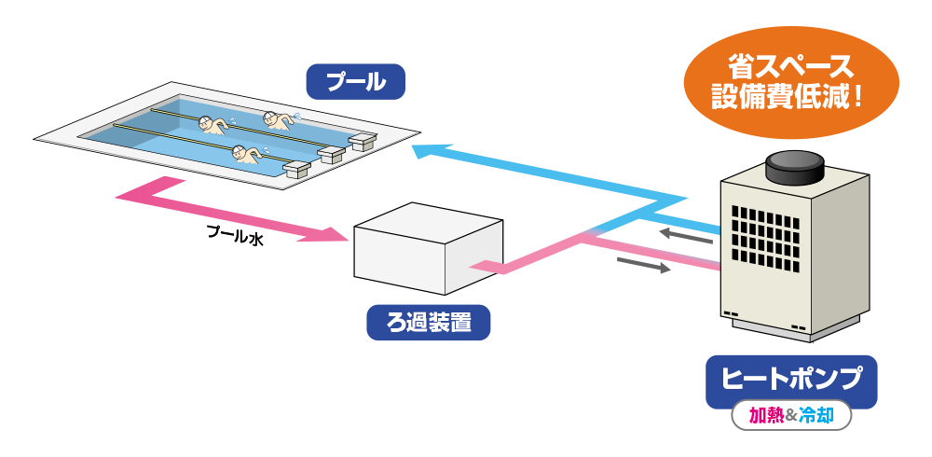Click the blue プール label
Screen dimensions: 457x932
pos(355,81)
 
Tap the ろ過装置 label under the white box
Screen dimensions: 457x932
pos(428,324)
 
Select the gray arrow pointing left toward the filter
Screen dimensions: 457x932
pos(685,235)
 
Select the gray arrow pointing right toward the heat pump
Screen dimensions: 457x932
pos(644,266)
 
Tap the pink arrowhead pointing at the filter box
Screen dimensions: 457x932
pos(326,234)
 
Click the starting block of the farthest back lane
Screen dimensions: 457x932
pos(363,141)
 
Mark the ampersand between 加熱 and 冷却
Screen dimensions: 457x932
pos(791,416)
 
